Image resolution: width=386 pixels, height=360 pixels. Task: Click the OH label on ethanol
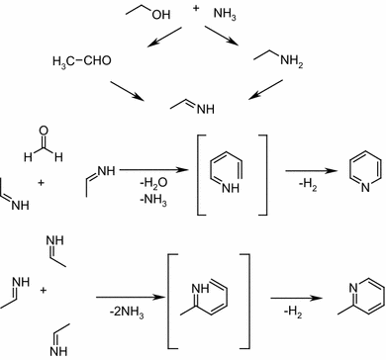161,16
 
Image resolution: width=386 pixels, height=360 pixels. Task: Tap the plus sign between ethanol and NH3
195,9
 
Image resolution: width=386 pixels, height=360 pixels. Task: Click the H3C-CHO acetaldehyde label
83,61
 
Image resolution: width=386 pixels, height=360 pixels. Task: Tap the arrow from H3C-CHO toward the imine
126,90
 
